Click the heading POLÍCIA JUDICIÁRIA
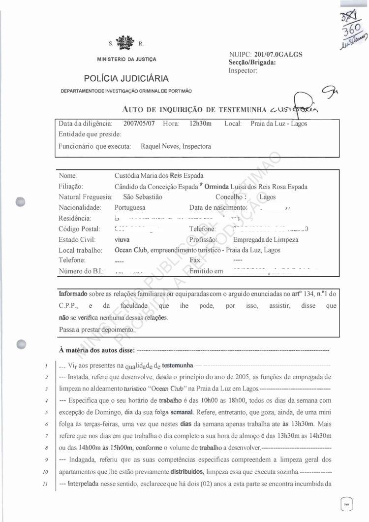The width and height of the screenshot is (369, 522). click(126, 78)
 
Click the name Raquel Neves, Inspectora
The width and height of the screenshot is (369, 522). click(176, 146)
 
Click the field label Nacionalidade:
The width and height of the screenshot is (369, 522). click(80, 207)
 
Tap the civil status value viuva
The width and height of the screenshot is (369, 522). click(122, 240)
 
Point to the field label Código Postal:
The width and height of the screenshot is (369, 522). click(79, 229)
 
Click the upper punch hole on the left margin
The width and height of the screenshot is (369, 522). click(20, 202)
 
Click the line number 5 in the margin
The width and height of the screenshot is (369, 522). click(45, 412)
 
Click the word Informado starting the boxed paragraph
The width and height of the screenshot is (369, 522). click(72, 294)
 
